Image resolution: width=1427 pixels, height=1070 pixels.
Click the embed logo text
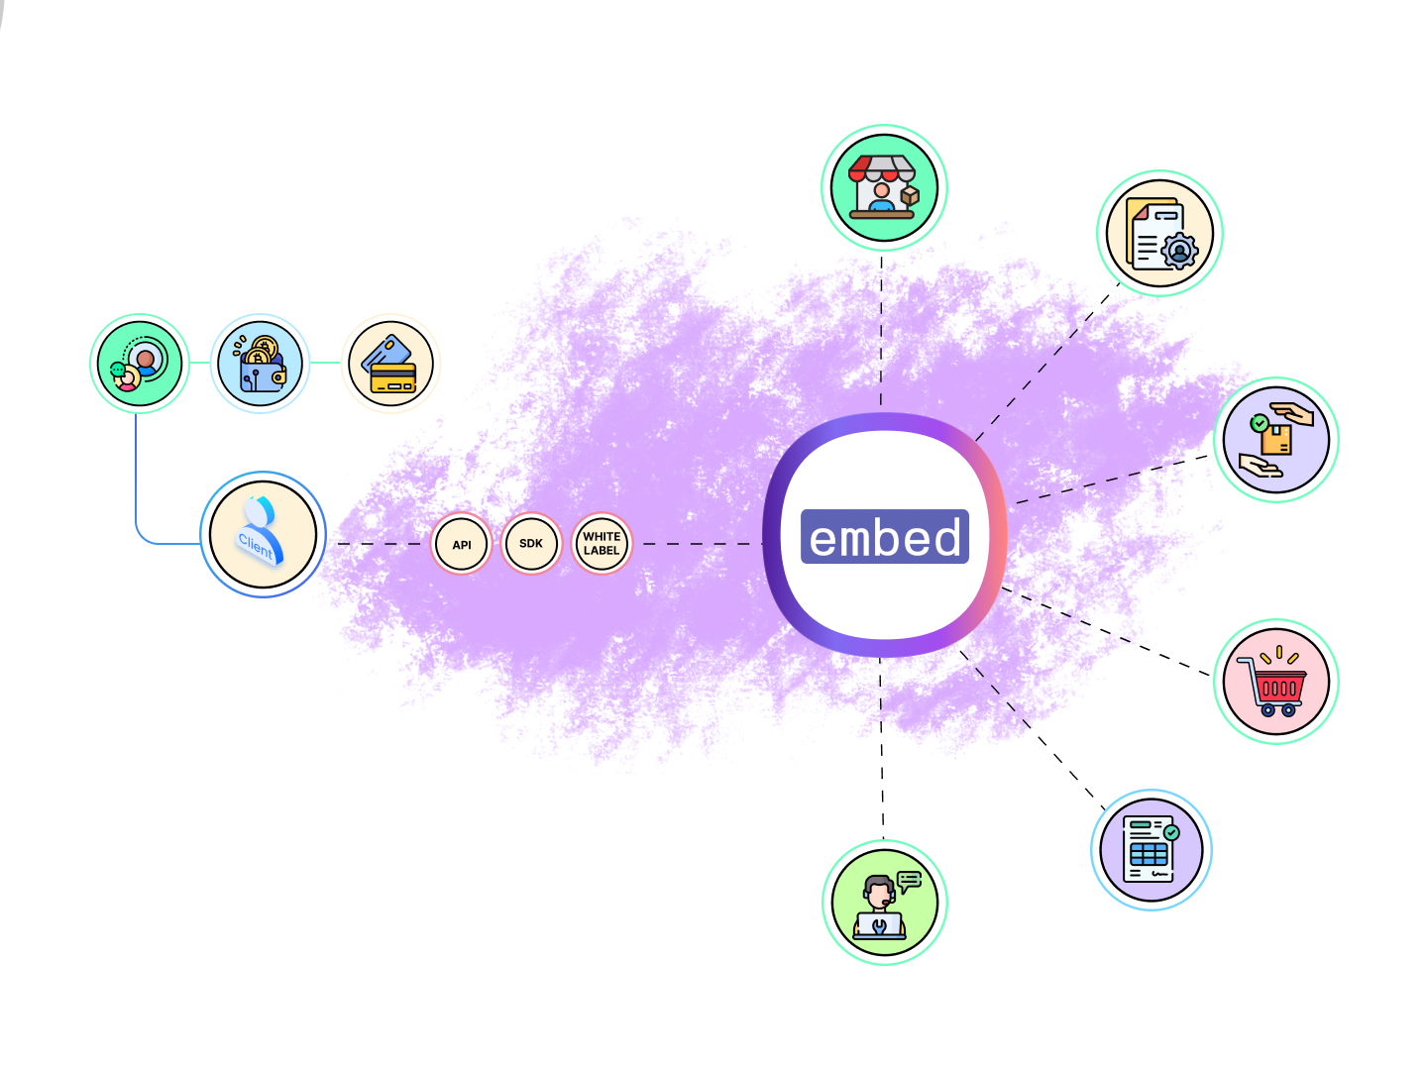click(x=885, y=537)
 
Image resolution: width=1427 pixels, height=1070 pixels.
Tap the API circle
click(x=462, y=544)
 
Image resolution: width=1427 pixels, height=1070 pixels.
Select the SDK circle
click(x=531, y=543)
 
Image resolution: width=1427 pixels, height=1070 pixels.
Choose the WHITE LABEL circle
click(x=602, y=543)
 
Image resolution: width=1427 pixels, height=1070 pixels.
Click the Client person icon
click(x=263, y=534)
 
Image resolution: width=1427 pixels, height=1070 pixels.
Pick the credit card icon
click(x=391, y=364)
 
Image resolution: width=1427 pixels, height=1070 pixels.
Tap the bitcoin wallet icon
click(x=261, y=364)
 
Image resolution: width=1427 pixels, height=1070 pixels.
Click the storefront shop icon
click(x=884, y=187)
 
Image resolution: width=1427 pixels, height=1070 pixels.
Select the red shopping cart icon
click(x=1276, y=682)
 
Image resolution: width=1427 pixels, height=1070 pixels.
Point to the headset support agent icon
click(x=884, y=903)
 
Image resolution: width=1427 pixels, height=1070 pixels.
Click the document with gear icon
click(x=1159, y=233)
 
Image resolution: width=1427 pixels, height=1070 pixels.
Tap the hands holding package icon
click(x=1276, y=440)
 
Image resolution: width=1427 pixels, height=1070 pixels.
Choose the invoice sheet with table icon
click(x=1152, y=849)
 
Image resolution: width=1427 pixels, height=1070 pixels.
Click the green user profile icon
click(x=140, y=364)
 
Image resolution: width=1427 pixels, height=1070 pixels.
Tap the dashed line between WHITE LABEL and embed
click(x=699, y=544)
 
